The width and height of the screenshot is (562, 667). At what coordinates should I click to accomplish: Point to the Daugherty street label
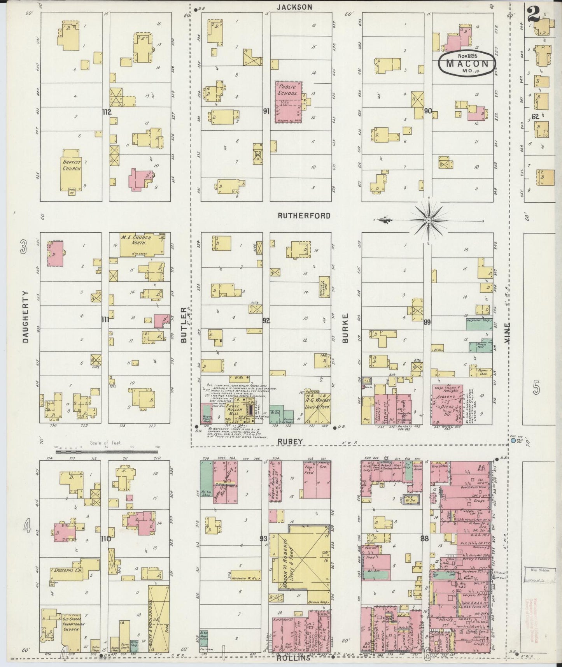26,317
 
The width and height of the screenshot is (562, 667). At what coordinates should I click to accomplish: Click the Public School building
289,102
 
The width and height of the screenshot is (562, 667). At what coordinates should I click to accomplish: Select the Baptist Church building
72,170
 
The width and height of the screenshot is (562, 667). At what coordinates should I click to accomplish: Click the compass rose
429,221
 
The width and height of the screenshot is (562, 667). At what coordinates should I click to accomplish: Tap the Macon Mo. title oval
467,63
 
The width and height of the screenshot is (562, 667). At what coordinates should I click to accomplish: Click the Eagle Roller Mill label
234,410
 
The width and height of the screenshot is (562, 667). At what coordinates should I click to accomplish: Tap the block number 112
107,112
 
